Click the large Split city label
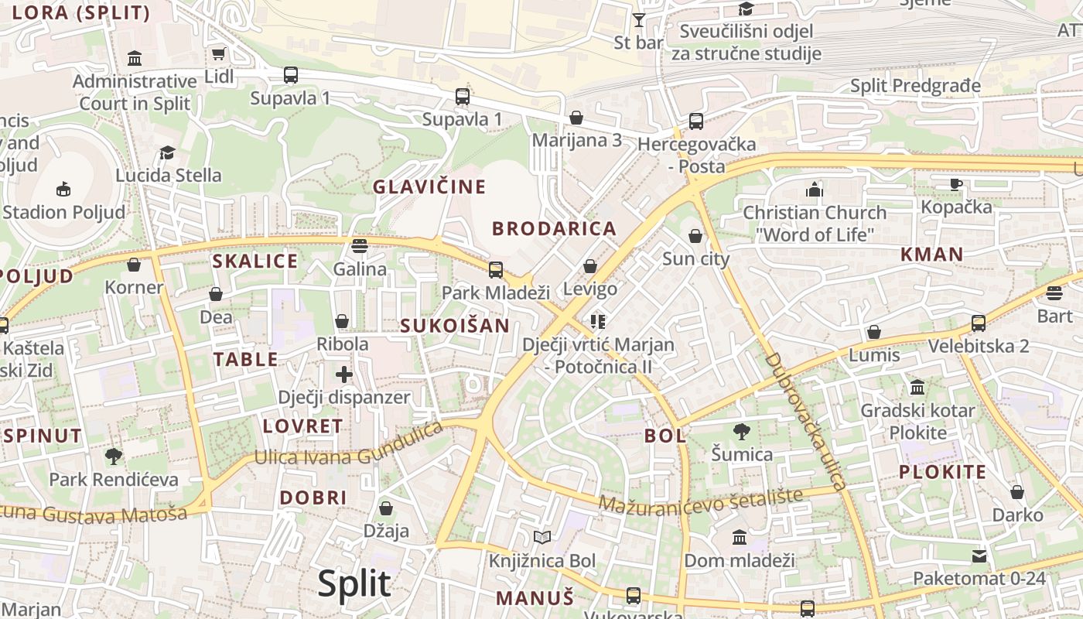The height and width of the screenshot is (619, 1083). (354, 583)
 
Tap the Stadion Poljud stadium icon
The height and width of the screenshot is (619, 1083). (63, 189)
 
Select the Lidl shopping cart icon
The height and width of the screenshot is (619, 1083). (218, 54)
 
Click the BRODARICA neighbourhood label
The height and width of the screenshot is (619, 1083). (554, 228)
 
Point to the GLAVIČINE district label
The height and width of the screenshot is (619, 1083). (429, 186)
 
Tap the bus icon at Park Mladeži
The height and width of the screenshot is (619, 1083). (495, 270)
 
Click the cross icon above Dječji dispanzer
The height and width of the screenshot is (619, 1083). (344, 375)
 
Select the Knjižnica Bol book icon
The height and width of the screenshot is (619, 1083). (541, 538)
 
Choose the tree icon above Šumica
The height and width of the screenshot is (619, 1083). (741, 432)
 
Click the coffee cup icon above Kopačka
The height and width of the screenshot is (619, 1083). (956, 184)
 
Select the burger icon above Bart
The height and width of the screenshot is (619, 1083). (1054, 293)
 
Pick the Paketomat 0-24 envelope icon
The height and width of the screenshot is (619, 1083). (979, 556)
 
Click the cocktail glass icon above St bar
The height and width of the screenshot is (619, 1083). (638, 20)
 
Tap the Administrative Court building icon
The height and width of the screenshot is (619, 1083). (135, 59)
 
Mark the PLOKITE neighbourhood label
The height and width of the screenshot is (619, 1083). (942, 471)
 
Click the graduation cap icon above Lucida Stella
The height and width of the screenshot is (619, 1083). (168, 152)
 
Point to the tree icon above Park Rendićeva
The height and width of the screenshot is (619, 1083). (114, 457)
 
